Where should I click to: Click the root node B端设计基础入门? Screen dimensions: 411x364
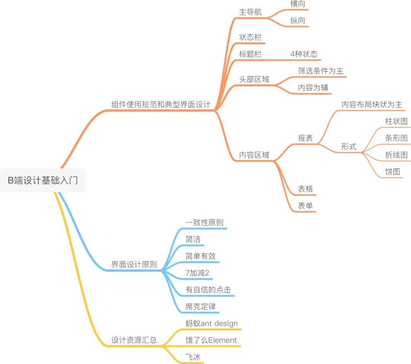(43, 180)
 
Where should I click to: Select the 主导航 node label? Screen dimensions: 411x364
(250, 12)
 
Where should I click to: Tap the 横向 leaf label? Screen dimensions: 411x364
(298, 4)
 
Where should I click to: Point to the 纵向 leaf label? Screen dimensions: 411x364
(298, 21)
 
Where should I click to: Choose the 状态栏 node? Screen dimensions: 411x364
(250, 37)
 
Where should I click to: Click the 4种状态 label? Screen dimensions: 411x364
(303, 54)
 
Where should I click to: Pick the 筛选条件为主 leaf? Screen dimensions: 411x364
(320, 71)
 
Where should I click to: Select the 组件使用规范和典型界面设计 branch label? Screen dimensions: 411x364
(161, 104)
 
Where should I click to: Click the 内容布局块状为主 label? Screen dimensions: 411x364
(371, 104)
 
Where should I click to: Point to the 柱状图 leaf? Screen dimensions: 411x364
(396, 122)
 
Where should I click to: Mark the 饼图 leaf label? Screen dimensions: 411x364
(392, 172)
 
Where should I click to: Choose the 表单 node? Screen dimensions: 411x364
(305, 206)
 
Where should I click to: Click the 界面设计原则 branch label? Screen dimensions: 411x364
(134, 265)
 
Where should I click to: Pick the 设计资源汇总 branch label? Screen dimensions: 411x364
(134, 340)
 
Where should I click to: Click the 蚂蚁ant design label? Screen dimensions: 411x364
(211, 323)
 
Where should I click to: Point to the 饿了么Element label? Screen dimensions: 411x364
(211, 340)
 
